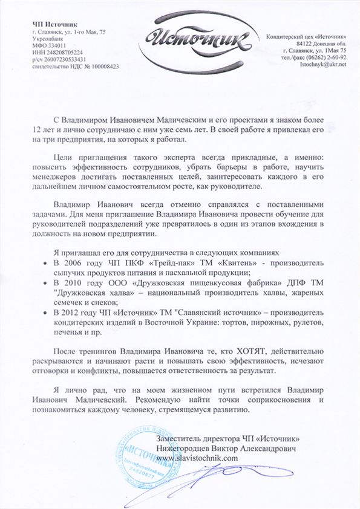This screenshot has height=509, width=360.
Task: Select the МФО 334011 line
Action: (x=49, y=45)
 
